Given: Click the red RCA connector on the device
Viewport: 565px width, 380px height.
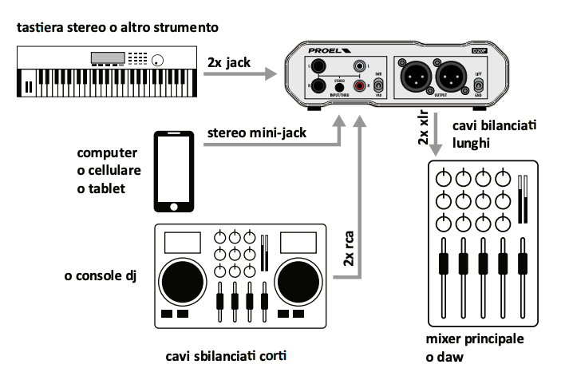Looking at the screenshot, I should pos(360,85).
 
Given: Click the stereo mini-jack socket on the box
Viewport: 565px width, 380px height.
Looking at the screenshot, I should pos(338,86).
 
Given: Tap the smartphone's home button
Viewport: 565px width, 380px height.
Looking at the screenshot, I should pos(174,207).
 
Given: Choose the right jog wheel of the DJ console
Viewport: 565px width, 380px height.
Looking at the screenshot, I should pos(298,279).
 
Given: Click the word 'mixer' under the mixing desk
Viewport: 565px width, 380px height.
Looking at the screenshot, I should pos(444,339).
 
